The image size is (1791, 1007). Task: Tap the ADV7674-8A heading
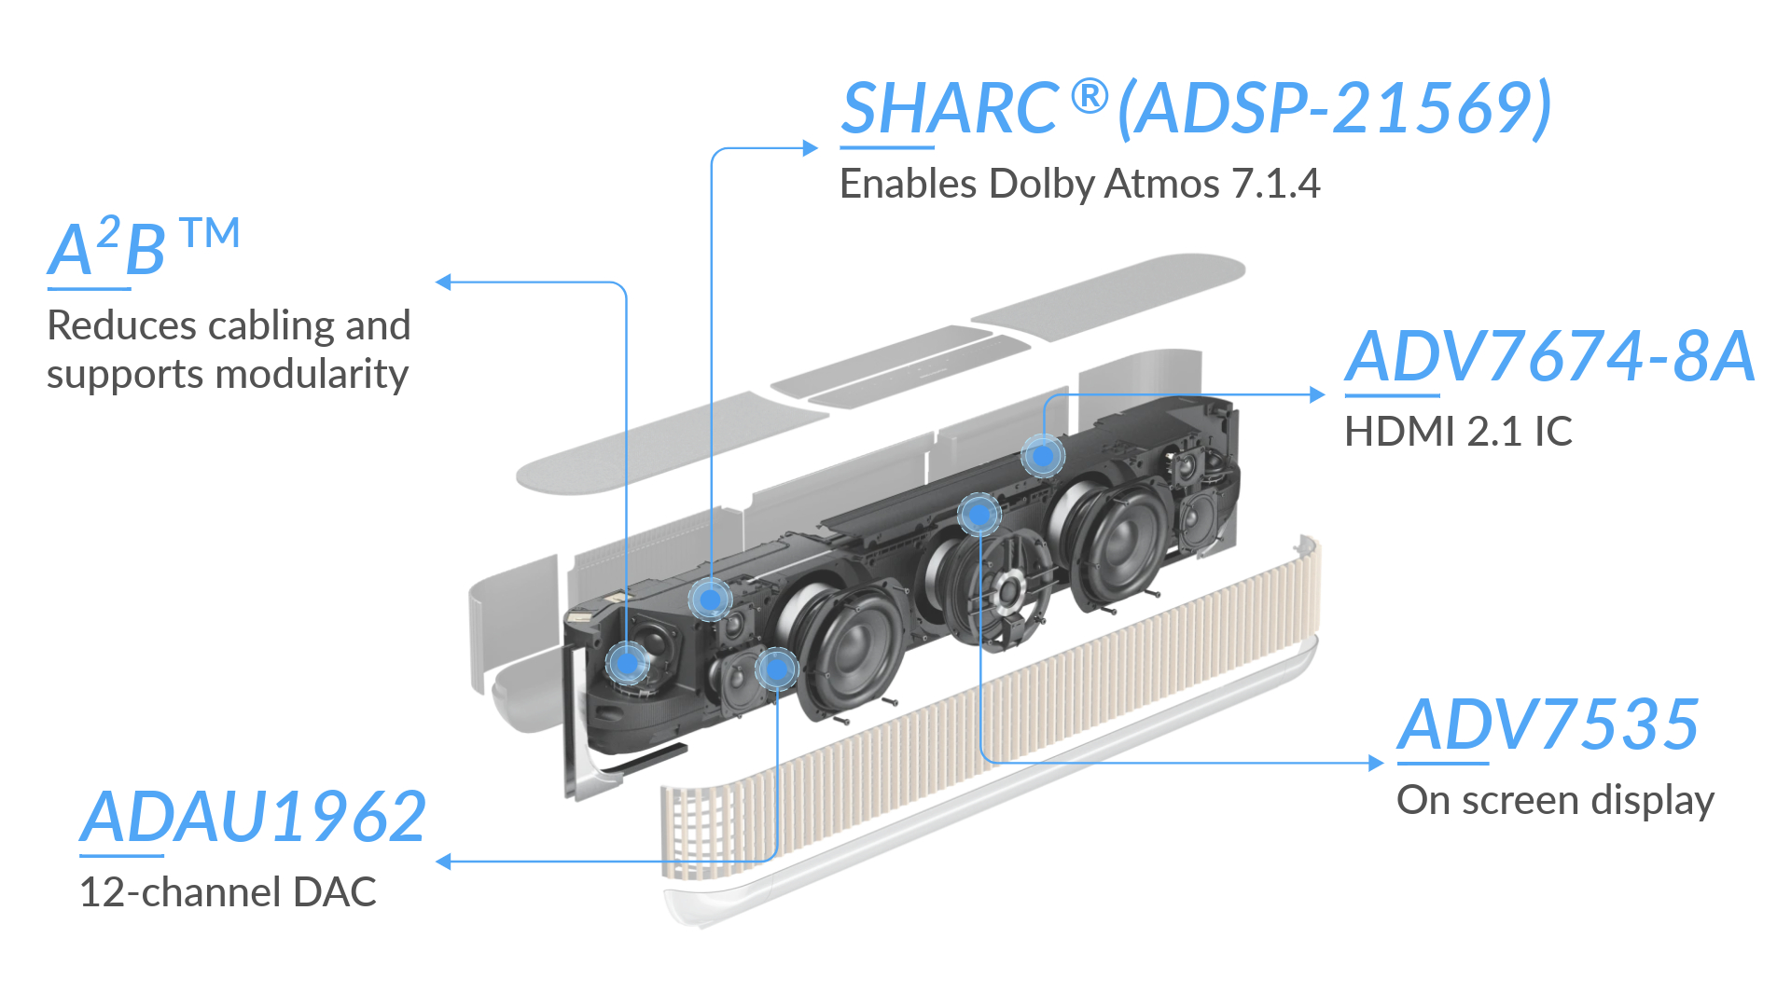(1549, 356)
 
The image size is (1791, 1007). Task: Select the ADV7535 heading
(1548, 724)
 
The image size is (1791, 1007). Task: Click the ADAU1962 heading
(253, 817)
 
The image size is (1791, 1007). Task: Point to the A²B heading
(144, 247)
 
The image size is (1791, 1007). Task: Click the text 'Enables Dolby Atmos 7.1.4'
(1080, 184)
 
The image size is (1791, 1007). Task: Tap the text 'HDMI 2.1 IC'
(1458, 432)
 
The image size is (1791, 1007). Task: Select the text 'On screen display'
(1555, 801)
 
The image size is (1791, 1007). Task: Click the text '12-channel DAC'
(228, 892)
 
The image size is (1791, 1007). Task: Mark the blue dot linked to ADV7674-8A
(1043, 456)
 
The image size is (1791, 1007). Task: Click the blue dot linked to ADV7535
(979, 514)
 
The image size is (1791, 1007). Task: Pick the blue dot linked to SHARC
(710, 599)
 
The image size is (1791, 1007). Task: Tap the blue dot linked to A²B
(627, 663)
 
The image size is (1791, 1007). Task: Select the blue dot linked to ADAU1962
(776, 669)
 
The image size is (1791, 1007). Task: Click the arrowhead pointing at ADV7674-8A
(1317, 394)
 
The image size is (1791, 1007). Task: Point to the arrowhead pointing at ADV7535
(1376, 763)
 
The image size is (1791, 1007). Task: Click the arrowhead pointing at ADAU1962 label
(444, 862)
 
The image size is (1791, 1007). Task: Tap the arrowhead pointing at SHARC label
(811, 147)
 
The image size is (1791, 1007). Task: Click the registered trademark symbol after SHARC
(1090, 96)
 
